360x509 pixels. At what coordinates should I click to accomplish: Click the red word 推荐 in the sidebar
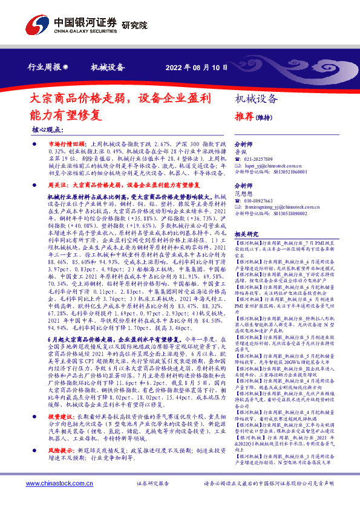[x=244, y=116]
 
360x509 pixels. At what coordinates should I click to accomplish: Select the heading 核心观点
[x=47, y=130]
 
